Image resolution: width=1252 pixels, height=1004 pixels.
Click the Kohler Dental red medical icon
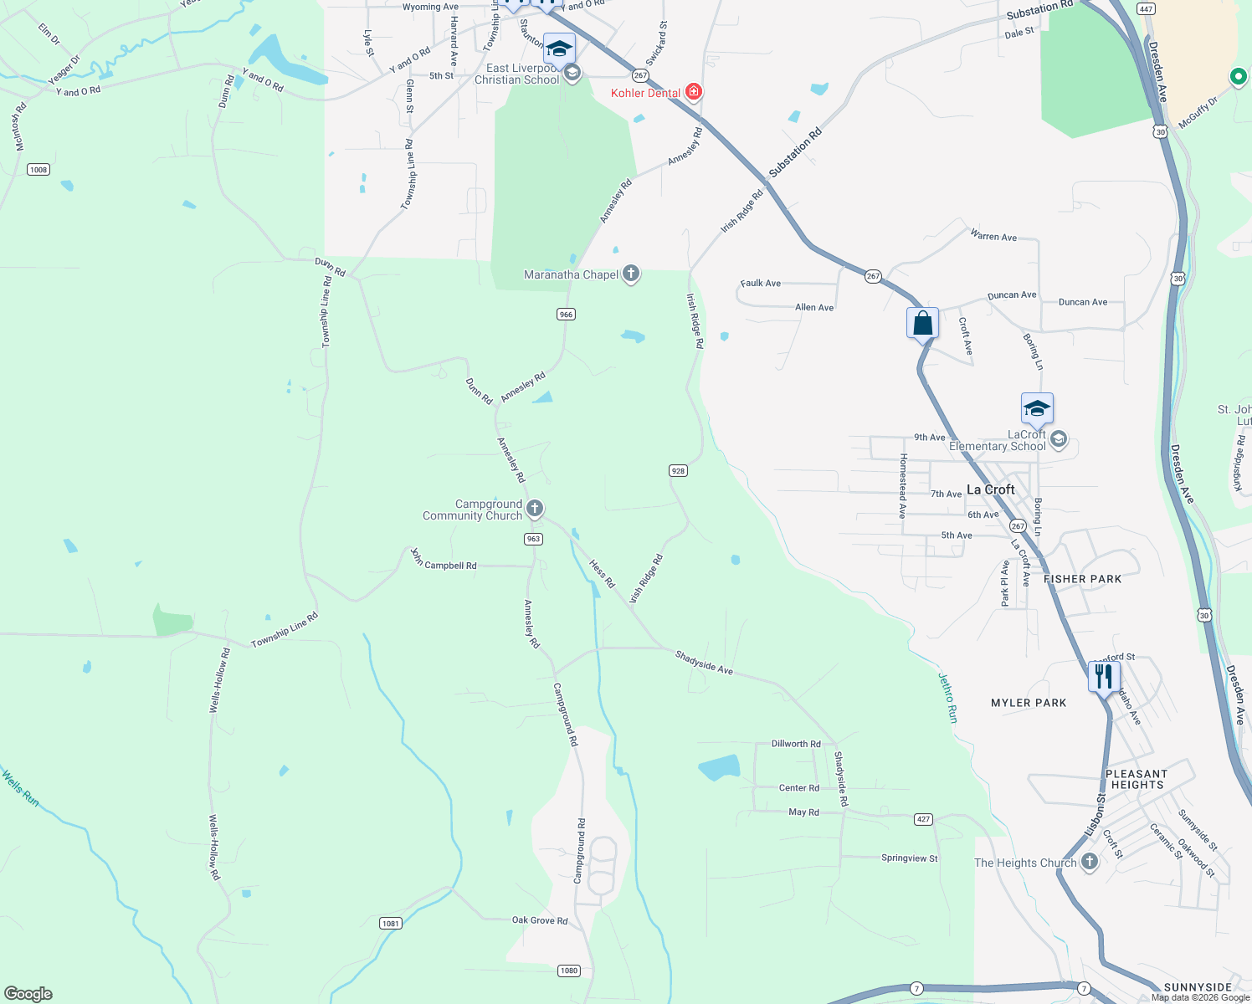pos(693,91)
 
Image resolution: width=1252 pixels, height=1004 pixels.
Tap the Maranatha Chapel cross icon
pos(631,274)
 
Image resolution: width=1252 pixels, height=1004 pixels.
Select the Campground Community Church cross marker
pos(535,508)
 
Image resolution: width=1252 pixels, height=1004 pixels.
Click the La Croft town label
pos(990,489)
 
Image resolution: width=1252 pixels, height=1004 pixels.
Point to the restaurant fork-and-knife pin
pos(1104,676)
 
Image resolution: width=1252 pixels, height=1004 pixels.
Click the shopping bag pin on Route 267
pos(922,323)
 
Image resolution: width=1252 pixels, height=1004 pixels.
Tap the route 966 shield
pos(567,315)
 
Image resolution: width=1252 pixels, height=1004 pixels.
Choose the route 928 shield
pos(678,471)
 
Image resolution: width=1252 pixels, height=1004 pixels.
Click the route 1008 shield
pos(38,170)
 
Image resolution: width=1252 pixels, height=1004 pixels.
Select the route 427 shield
pos(923,819)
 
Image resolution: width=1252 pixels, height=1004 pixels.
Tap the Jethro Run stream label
pos(947,698)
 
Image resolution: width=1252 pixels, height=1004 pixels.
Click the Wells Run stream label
pos(20,788)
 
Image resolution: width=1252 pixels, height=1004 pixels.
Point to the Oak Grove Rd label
pos(540,920)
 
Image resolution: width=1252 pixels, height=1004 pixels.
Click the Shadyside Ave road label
pos(704,663)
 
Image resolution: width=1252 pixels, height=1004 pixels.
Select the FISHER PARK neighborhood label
pos(1082,579)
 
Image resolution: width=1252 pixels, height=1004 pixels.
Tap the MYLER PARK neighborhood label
pos(1029,703)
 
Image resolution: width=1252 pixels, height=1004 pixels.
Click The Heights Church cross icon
pos(1089,861)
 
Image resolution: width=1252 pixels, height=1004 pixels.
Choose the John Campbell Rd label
pos(444,562)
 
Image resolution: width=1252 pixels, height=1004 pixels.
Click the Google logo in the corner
pos(28,994)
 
